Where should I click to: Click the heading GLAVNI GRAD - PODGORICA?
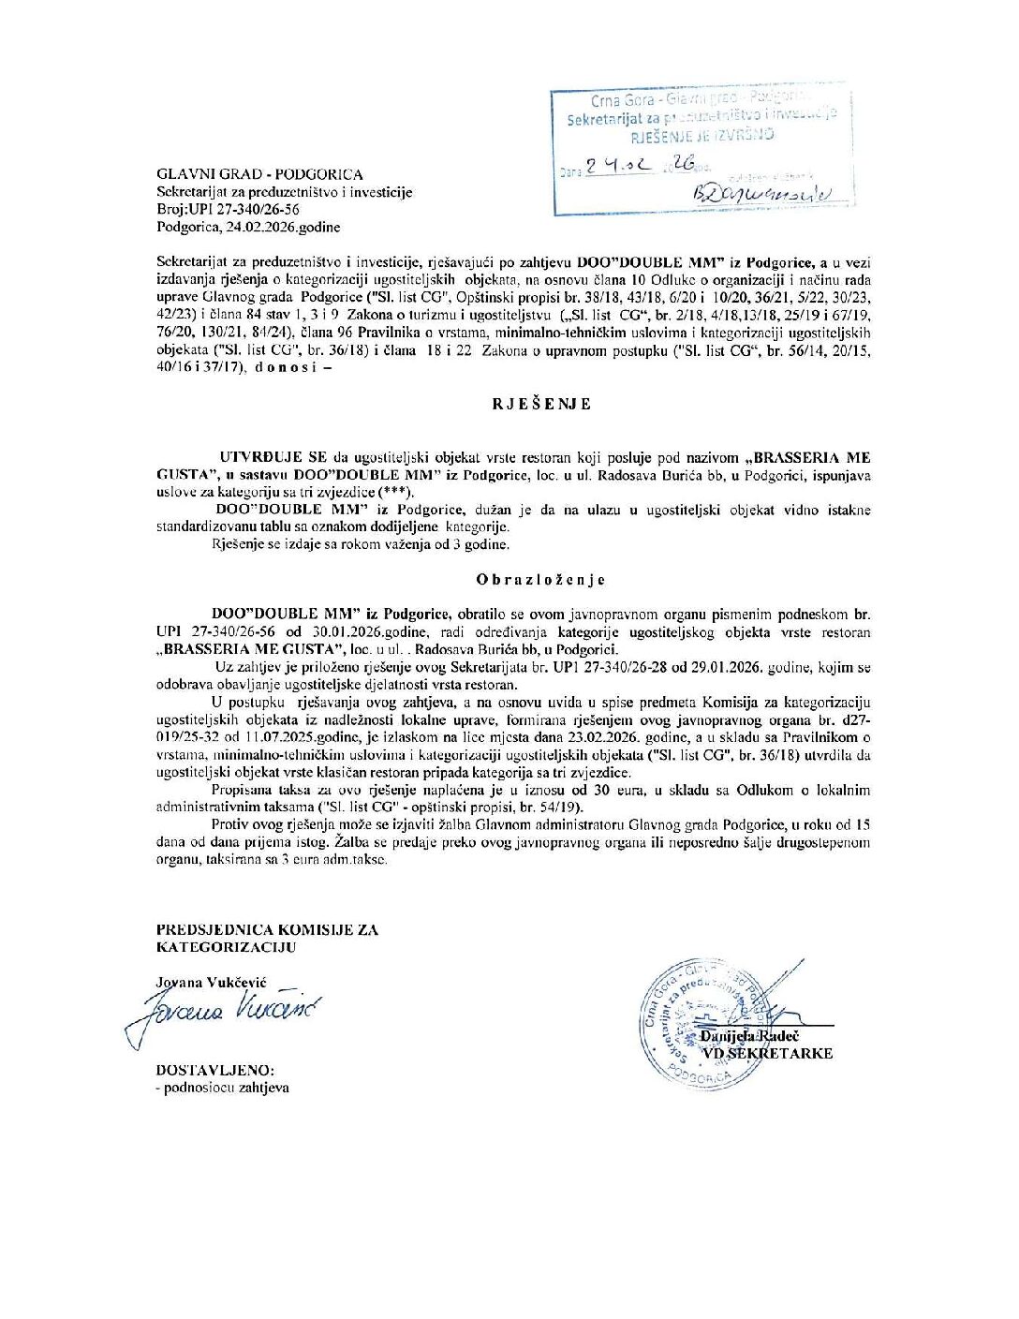pos(259,174)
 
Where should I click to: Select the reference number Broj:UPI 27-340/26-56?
pos(228,210)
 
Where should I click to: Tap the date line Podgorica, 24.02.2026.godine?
pos(248,227)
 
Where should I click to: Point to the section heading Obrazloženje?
pos(540,580)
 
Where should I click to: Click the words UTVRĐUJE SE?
pos(273,457)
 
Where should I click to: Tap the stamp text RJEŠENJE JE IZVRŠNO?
pos(702,136)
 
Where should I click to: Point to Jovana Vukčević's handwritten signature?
pos(225,1013)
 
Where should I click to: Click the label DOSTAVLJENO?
pos(215,1070)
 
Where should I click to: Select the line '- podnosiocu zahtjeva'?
pos(223,1088)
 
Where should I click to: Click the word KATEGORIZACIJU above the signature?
pos(226,946)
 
